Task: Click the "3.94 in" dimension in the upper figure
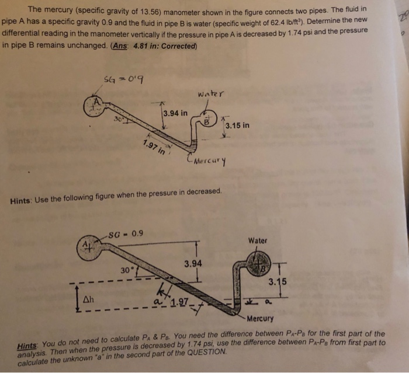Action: [x=175, y=113]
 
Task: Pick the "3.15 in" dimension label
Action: [x=237, y=125]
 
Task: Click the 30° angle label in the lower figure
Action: [x=127, y=271]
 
